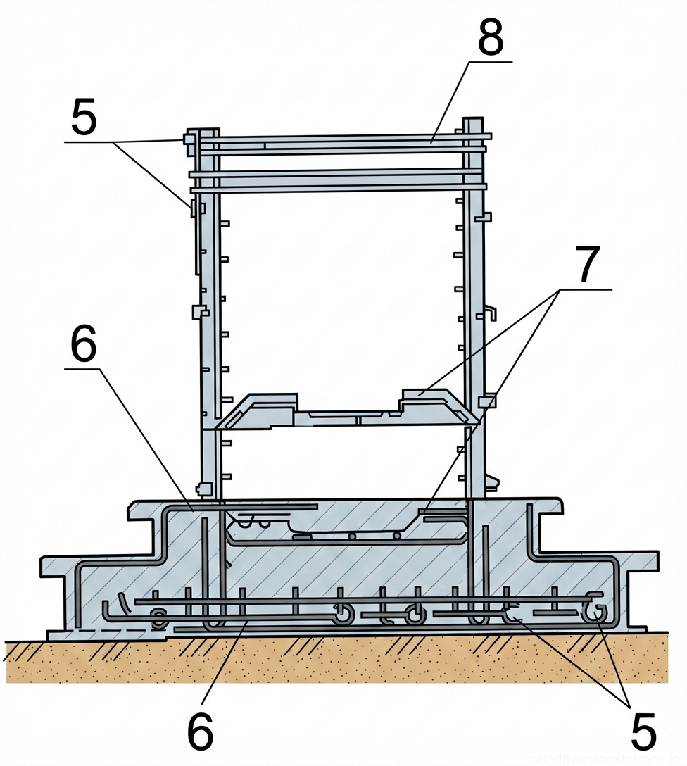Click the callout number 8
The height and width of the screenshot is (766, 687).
pyautogui.click(x=491, y=39)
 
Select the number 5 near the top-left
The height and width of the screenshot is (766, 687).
pyautogui.click(x=84, y=118)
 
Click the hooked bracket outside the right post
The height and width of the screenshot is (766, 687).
pyautogui.click(x=491, y=312)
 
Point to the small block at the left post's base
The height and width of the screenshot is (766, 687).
pyautogui.click(x=204, y=488)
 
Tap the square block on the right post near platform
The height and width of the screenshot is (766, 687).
pyautogui.click(x=487, y=401)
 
